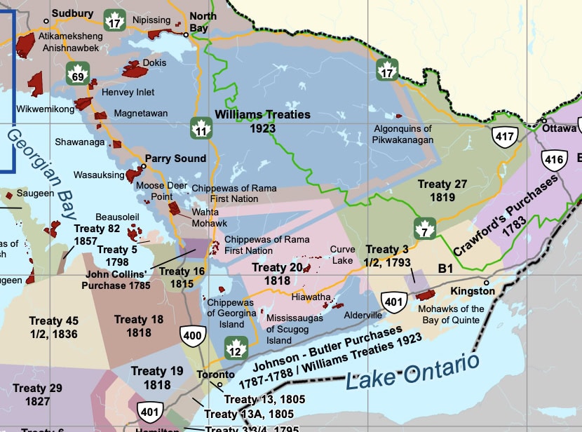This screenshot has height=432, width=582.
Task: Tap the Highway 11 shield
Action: click(202, 129)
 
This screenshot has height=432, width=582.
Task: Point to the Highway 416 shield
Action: click(554, 160)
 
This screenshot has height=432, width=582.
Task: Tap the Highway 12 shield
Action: click(236, 347)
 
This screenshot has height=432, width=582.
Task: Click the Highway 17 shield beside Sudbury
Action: click(114, 21)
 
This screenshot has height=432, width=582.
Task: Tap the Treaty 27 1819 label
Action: click(442, 191)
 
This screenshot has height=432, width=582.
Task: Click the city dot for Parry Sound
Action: click(143, 166)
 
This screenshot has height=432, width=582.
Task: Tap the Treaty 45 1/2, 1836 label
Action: click(53, 327)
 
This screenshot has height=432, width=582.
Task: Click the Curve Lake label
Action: click(342, 255)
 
